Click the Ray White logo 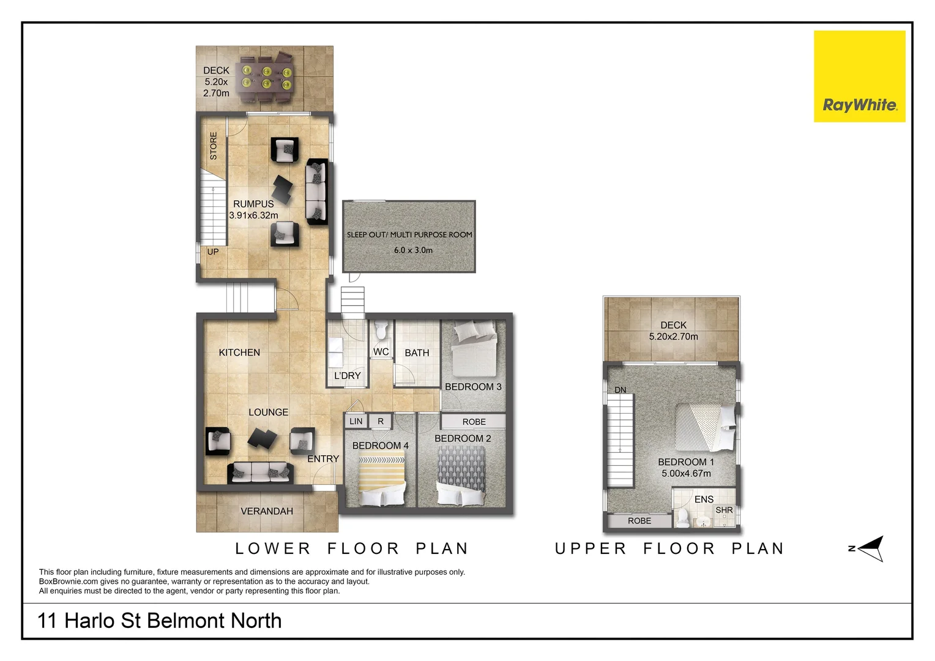pos(859,77)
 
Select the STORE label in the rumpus pos(214,146)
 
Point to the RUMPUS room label pos(253,204)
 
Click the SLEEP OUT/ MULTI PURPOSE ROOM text pos(409,234)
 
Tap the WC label pos(381,352)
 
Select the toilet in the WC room pos(381,331)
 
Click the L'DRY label pos(347,376)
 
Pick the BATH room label pos(417,353)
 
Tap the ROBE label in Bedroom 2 pos(474,422)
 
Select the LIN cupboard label pos(356,421)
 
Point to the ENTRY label pos(323,459)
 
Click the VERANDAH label pos(267,511)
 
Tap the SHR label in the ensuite pos(724,510)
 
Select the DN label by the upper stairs pos(620,390)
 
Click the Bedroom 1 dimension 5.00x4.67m pos(686,473)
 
